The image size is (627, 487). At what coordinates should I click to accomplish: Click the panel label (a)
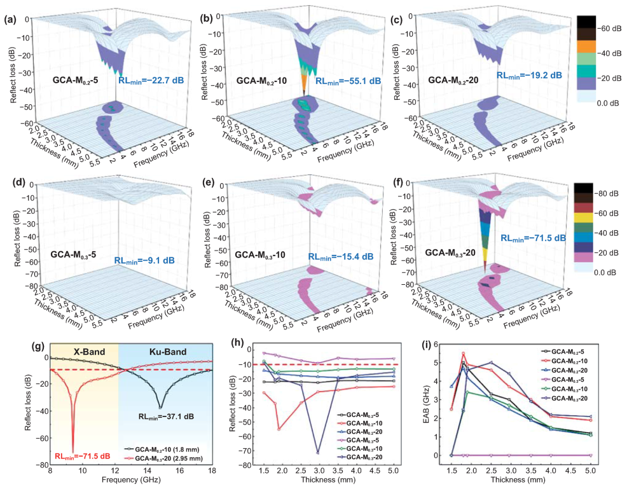click(10, 19)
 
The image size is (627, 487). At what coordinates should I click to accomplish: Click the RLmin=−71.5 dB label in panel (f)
click(532, 238)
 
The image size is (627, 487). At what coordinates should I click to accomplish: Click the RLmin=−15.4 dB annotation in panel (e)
click(341, 257)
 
